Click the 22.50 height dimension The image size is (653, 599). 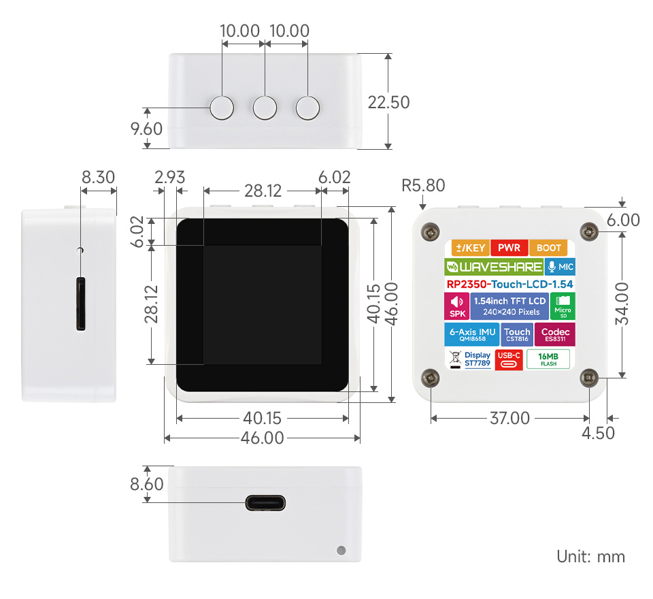pos(388,102)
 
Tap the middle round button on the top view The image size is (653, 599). pos(265,108)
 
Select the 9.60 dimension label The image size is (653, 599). pos(146,129)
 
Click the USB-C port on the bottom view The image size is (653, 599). pos(265,504)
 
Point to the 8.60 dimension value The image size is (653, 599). pos(146,484)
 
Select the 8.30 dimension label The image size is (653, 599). pos(98,178)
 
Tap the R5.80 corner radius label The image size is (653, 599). pos(423,185)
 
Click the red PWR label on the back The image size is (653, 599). pos(509,248)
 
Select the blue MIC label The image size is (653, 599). pos(560,266)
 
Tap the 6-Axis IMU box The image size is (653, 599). pos(472,334)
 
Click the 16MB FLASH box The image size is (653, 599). pos(548,359)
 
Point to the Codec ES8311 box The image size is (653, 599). pos(555,334)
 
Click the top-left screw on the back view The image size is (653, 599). pos(429,232)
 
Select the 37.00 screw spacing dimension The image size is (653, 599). pos(509,419)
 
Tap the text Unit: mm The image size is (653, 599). pos(590,556)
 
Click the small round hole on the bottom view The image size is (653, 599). pos(341,550)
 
